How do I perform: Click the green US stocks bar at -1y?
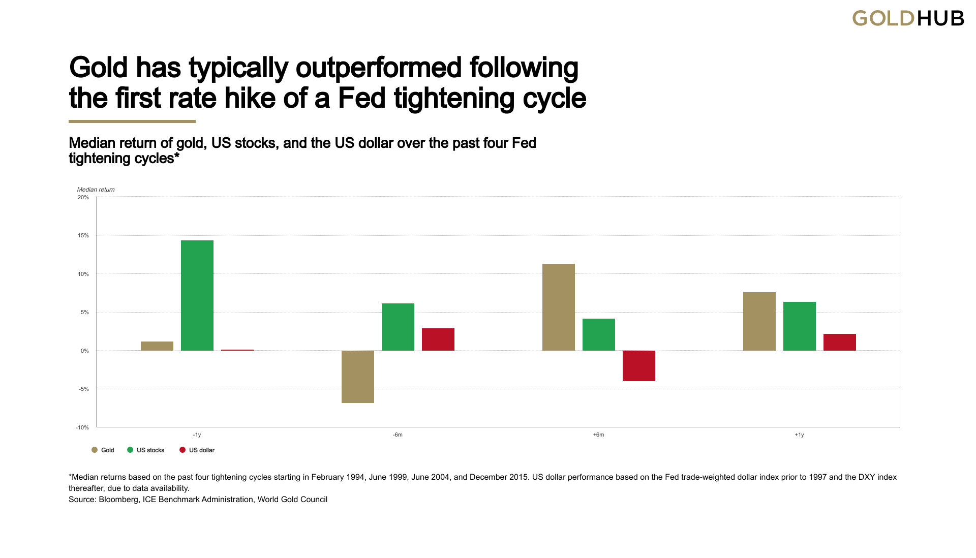click(x=197, y=295)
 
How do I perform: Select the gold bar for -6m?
click(x=358, y=377)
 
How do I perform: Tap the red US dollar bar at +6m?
click(x=639, y=365)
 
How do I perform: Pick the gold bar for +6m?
click(x=559, y=307)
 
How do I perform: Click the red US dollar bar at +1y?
click(x=840, y=342)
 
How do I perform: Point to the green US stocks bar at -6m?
click(x=398, y=327)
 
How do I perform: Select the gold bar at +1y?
click(x=759, y=321)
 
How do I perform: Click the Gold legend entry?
click(x=103, y=450)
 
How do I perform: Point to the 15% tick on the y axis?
click(x=83, y=236)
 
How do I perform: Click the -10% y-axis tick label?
click(x=82, y=428)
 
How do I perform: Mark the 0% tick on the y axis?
click(x=84, y=351)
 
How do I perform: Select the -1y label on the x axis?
click(x=197, y=435)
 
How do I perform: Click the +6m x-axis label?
click(x=599, y=435)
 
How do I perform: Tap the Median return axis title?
click(x=96, y=190)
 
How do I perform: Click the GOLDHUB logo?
click(x=908, y=19)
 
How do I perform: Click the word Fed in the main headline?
click(x=362, y=98)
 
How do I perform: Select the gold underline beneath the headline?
click(x=132, y=121)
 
